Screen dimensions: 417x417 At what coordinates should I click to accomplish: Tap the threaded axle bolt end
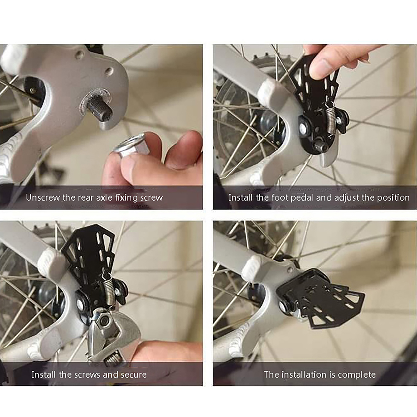pyautogui.click(x=101, y=109)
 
